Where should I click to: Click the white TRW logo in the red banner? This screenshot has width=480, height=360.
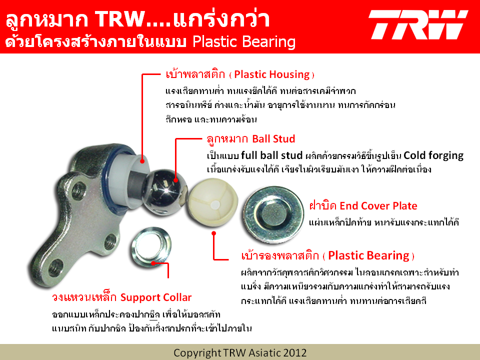418,25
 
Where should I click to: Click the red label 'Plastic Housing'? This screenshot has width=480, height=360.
272,74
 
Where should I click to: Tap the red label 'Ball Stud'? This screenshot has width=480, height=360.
273,138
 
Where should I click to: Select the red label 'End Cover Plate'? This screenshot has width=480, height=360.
378,205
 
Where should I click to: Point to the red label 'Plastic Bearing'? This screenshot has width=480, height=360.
368,255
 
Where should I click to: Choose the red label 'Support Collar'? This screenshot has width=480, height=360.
156,297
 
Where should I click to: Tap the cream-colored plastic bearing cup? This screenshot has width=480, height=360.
212,202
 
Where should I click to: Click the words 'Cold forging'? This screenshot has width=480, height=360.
433,155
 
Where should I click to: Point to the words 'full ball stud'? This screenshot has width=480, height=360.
271,155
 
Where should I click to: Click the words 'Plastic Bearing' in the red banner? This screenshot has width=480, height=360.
244,42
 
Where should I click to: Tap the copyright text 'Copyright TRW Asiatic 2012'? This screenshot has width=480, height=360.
240,352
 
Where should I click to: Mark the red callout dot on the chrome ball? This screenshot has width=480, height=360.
175,180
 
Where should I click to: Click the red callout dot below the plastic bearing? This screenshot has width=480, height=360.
213,233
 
